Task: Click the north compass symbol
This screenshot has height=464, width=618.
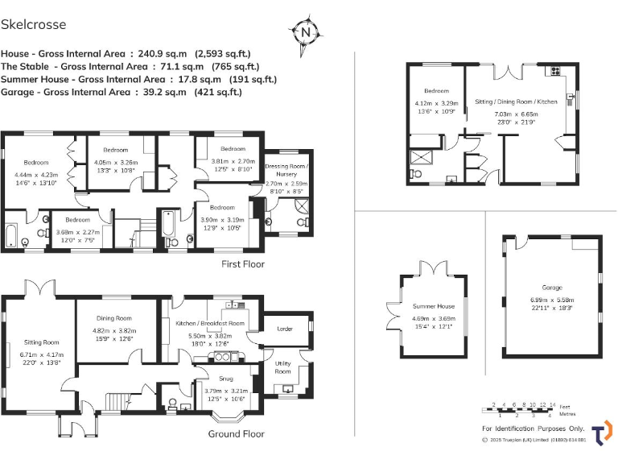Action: tap(306, 31)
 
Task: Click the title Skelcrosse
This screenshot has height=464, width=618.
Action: tap(34, 25)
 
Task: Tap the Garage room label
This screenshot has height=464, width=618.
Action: tap(551, 288)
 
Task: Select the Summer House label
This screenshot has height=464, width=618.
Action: tap(434, 306)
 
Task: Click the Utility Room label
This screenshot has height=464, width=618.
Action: tap(282, 367)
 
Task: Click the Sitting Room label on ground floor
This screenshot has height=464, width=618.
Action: tap(40, 342)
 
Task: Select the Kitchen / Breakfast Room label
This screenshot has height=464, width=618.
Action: tap(209, 323)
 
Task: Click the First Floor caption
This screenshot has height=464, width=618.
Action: tap(242, 263)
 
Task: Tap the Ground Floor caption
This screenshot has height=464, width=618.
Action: tap(237, 433)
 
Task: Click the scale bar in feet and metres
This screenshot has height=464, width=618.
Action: tap(521, 409)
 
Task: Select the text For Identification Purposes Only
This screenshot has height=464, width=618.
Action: tap(533, 429)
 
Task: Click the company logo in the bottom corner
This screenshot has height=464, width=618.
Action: tap(601, 432)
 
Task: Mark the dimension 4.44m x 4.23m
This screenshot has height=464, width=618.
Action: tap(36, 175)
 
